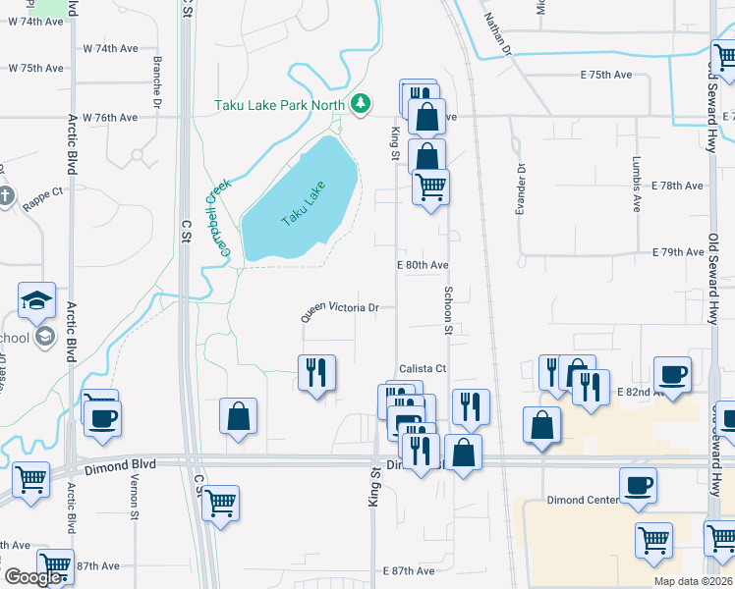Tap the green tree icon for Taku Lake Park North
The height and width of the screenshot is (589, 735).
coord(362,102)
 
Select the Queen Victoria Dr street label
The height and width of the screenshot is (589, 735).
coord(340,311)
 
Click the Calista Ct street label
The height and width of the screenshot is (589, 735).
coord(422,369)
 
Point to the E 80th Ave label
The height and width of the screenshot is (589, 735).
coord(423,265)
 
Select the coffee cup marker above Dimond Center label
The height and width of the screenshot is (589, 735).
coord(638,485)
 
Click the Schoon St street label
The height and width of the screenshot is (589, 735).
coord(447,310)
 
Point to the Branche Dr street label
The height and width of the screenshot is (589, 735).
coord(157,78)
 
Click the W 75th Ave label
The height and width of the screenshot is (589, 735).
coord(35,69)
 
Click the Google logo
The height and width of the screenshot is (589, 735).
coord(32,577)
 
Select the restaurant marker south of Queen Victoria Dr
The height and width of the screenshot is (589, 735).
coord(317,372)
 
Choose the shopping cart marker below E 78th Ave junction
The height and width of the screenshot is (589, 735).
coord(430,187)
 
